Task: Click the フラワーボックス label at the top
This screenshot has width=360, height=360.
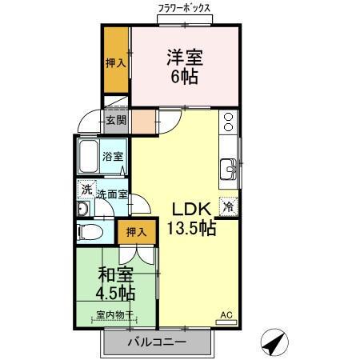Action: coord(184,7)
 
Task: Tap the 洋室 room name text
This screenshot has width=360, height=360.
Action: coord(185,58)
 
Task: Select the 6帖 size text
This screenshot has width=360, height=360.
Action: coord(185,77)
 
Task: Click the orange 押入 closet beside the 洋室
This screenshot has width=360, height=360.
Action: coord(117,62)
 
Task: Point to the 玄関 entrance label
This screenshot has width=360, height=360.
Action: coord(116,121)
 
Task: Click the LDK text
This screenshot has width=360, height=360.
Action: coord(190,209)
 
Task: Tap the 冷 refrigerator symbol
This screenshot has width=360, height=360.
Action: coord(229,206)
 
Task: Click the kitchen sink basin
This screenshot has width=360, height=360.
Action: coord(228,170)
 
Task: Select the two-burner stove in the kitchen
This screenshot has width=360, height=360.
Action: coord(229,122)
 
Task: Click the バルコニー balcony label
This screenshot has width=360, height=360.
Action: coord(157,342)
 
